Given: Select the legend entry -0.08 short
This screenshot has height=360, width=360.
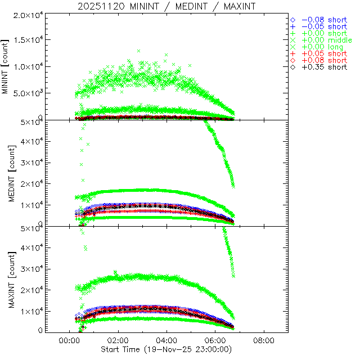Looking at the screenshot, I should click(324, 20).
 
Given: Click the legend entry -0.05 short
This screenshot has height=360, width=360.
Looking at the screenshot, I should click(324, 26).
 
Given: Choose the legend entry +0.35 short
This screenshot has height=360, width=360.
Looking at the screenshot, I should click(324, 67).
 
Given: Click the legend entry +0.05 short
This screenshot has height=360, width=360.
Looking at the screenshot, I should click(324, 53).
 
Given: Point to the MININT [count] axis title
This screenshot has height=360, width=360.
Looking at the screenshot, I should click(6, 67).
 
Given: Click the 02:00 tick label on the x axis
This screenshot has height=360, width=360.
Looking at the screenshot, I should click(118, 340).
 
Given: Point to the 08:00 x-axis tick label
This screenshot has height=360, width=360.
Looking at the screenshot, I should click(264, 340).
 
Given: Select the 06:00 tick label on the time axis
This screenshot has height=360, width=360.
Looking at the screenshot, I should click(215, 340).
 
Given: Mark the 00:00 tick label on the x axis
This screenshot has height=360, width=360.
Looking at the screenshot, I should click(69, 340).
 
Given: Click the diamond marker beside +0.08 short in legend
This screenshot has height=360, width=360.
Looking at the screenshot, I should click(292, 60).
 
